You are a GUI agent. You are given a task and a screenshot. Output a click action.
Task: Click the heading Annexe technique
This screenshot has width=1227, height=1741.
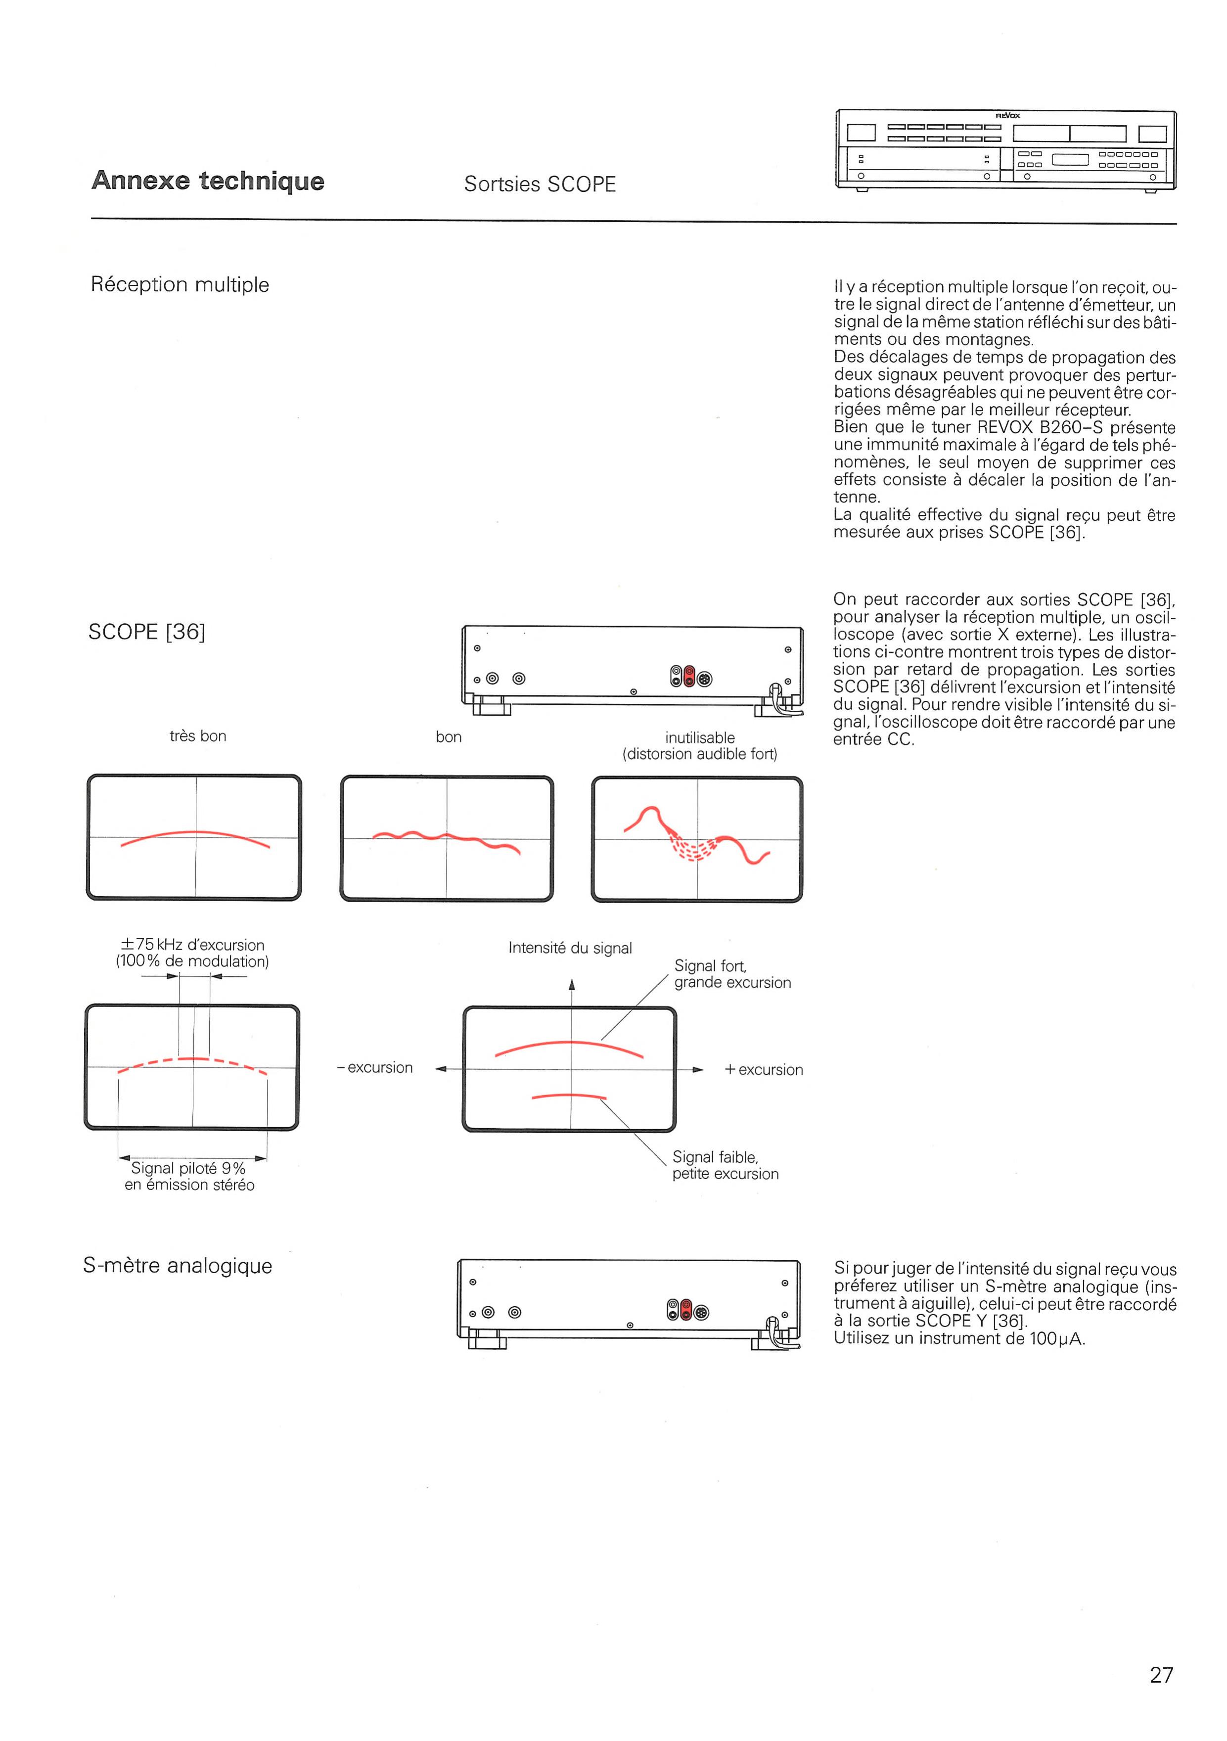tap(208, 181)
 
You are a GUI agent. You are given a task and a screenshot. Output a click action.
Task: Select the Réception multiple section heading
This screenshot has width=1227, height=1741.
tap(180, 284)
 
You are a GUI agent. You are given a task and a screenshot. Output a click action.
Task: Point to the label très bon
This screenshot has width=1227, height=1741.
tap(198, 735)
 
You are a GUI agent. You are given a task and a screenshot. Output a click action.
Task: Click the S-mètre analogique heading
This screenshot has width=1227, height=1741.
tap(178, 1266)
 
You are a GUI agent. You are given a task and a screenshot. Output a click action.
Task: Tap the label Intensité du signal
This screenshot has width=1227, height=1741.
tap(570, 948)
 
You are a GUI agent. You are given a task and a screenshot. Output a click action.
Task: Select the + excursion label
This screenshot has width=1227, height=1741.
tap(764, 1069)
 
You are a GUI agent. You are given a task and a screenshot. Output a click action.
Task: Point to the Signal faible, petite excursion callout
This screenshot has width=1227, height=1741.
tap(725, 1165)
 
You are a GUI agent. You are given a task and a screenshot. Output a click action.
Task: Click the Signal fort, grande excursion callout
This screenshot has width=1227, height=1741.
tap(732, 974)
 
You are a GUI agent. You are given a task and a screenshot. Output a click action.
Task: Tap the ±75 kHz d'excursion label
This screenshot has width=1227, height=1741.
tap(192, 945)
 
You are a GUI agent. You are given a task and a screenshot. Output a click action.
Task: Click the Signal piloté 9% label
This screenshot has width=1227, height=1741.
tap(188, 1169)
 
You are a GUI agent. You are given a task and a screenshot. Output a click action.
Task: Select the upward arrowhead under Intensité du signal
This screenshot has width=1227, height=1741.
tap(572, 985)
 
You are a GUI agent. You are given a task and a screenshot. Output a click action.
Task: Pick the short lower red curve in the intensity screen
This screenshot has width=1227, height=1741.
tap(569, 1095)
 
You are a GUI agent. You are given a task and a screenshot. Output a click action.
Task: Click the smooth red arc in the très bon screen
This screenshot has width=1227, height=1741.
tap(196, 832)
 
